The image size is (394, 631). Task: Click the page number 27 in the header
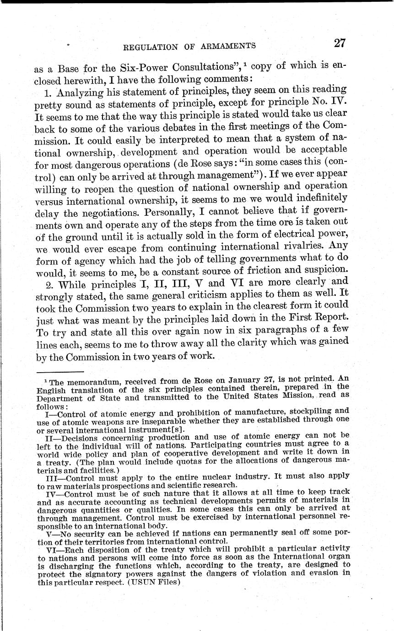coord(339,43)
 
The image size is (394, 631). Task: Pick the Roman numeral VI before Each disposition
coord(53,548)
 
